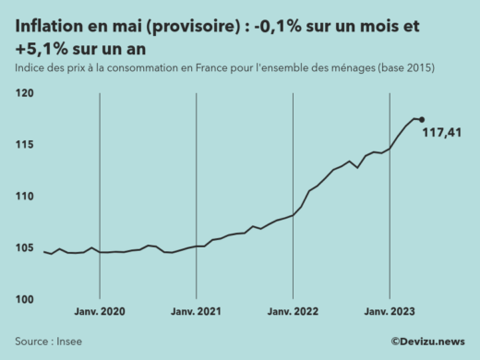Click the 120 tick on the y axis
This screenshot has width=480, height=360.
(x=24, y=93)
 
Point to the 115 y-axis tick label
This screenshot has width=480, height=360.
(x=24, y=145)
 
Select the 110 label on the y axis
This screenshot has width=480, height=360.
(x=24, y=197)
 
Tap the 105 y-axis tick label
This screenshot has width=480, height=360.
(x=24, y=248)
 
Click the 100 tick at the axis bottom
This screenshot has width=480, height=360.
(x=24, y=300)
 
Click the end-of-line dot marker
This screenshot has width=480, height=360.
(x=422, y=119)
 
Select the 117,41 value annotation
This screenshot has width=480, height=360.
(x=441, y=134)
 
